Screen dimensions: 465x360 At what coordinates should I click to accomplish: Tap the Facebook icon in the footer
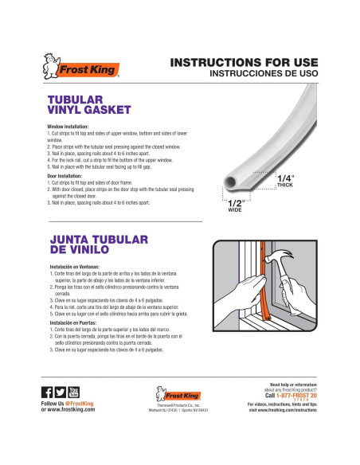(46, 392)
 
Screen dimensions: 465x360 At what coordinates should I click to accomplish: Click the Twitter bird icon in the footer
(60, 392)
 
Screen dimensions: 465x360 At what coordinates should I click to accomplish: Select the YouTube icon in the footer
(74, 392)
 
